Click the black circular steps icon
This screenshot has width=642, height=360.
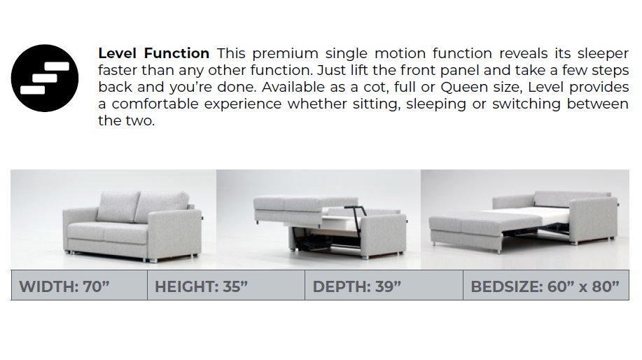pyautogui.click(x=45, y=78)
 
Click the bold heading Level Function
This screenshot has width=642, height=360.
pyautogui.click(x=153, y=53)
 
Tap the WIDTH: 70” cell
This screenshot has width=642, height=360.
pyautogui.click(x=79, y=286)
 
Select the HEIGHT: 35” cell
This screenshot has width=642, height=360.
pyautogui.click(x=225, y=286)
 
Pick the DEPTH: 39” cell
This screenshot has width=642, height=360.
pyautogui.click(x=384, y=286)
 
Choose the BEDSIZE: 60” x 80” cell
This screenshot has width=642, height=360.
pyautogui.click(x=545, y=286)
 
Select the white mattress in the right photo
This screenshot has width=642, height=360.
pyautogui.click(x=494, y=210)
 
